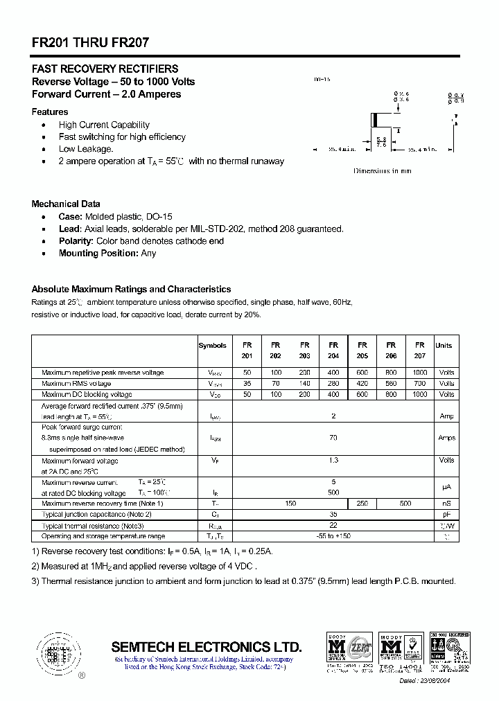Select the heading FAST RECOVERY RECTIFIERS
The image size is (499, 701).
click(105, 69)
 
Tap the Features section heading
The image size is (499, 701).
click(50, 112)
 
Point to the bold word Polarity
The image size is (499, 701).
click(76, 241)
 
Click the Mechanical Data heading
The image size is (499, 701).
click(66, 204)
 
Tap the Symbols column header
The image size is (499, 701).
click(212, 345)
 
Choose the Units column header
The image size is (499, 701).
click(444, 345)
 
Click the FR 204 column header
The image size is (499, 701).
click(333, 350)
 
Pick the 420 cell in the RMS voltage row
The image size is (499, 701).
click(362, 384)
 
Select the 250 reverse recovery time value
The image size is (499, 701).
click(362, 504)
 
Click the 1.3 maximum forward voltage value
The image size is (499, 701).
click(333, 460)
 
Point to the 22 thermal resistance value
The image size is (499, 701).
click(333, 526)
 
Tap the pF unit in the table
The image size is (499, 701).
click(446, 515)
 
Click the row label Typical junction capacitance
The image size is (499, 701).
click(96, 515)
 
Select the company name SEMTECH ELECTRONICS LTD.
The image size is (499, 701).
click(207, 647)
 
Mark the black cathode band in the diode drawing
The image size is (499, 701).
click(375, 120)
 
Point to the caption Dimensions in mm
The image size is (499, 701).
click(383, 170)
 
